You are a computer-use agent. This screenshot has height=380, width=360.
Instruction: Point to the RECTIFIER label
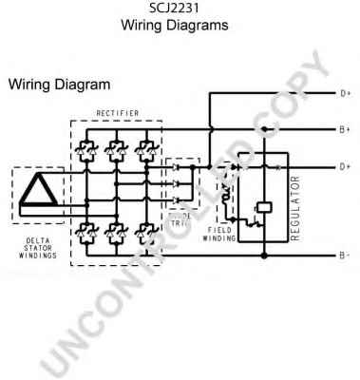click(x=116, y=114)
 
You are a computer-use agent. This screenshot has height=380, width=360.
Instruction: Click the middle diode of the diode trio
click(x=177, y=182)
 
